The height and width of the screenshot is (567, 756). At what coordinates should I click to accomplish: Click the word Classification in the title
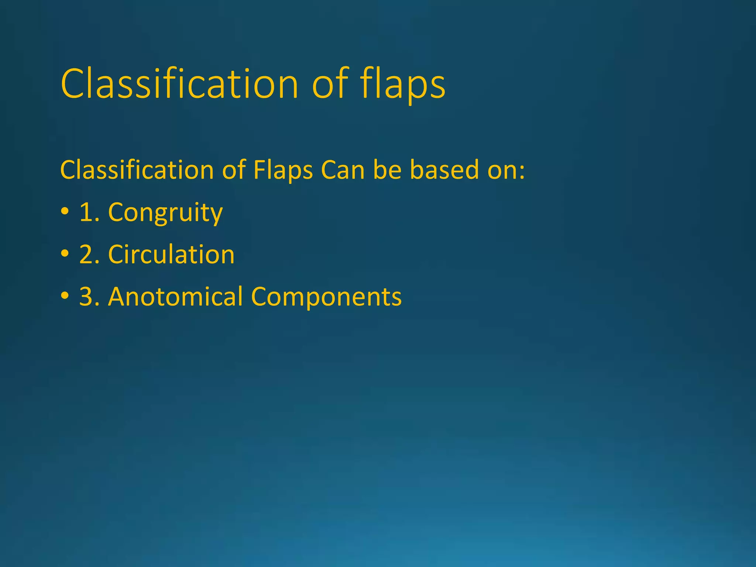[179, 84]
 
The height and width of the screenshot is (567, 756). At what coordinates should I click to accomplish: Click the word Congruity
[165, 213]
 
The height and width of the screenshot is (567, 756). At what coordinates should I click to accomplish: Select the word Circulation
[171, 255]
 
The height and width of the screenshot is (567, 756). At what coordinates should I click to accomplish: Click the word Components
[326, 297]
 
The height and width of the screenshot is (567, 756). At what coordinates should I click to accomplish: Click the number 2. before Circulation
[90, 255]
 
